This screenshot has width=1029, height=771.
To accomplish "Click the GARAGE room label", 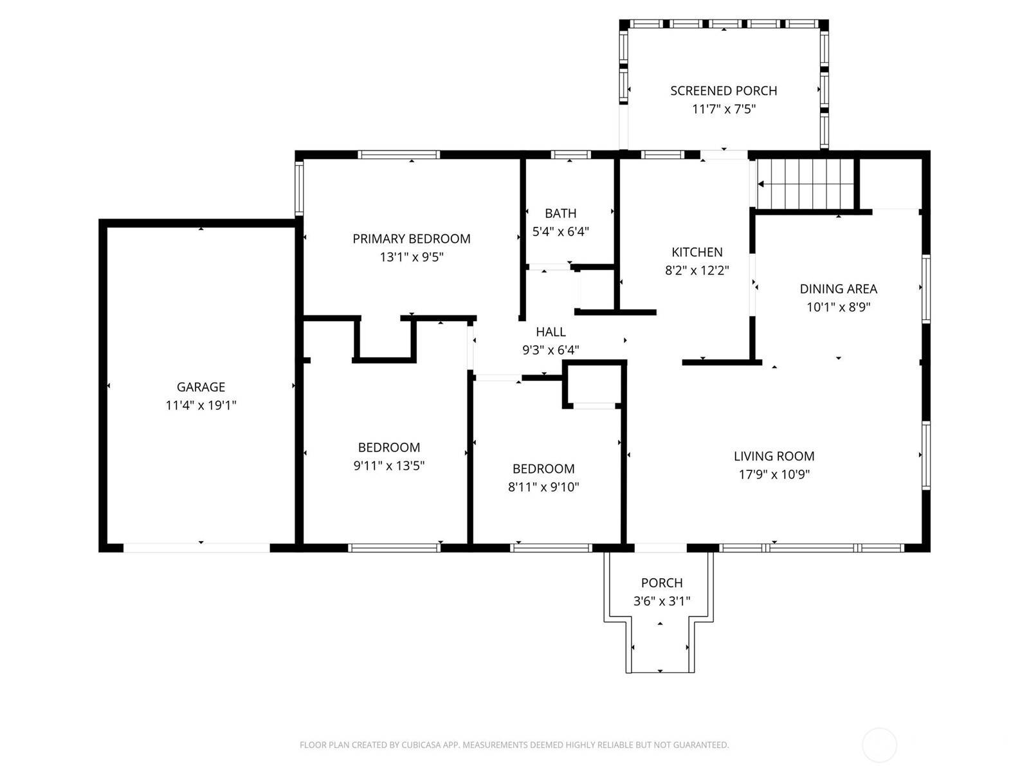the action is [x=201, y=387].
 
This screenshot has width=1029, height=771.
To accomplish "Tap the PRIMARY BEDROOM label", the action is [x=411, y=239].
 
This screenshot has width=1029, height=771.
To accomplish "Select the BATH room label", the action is [x=561, y=213].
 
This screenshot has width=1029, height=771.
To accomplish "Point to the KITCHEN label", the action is [x=697, y=253].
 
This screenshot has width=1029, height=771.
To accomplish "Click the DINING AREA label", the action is [x=838, y=289].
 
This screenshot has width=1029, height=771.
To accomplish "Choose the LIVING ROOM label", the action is [x=774, y=456].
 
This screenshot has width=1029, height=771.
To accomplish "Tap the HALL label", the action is [x=551, y=332].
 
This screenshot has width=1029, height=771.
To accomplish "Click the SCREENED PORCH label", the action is [x=724, y=91].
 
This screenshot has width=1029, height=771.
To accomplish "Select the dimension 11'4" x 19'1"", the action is [x=201, y=405].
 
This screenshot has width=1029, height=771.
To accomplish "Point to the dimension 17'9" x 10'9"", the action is [x=774, y=475].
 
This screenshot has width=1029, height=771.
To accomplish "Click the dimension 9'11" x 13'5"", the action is [x=388, y=466].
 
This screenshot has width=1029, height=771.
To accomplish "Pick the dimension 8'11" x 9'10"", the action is [x=543, y=487].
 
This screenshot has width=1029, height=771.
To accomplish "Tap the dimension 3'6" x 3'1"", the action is [x=662, y=601].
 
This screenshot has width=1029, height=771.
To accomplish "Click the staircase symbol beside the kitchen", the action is [x=805, y=184].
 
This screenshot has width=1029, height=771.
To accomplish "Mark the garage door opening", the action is [x=196, y=547].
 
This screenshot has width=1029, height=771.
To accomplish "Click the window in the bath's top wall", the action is [x=570, y=155].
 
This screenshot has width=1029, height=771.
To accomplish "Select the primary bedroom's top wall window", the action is [x=399, y=155].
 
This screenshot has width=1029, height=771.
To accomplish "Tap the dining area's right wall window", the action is [x=926, y=289].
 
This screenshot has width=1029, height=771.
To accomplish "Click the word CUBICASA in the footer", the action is [x=419, y=744].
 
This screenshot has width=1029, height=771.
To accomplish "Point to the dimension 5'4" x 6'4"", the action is [x=561, y=232].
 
